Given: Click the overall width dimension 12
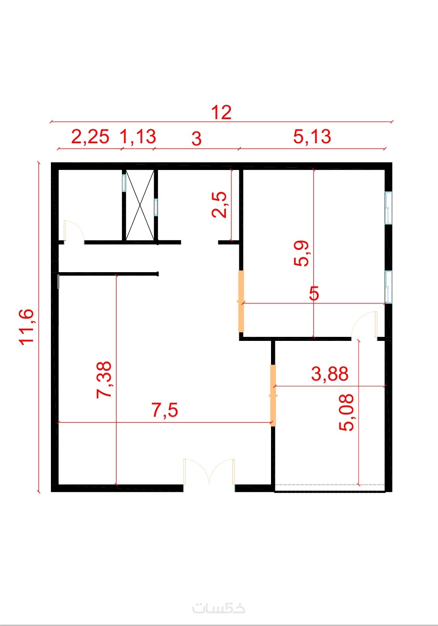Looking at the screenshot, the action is pyautogui.click(x=221, y=112).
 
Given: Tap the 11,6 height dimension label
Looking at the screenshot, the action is pyautogui.click(x=26, y=327).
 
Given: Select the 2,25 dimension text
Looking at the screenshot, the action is pyautogui.click(x=90, y=137).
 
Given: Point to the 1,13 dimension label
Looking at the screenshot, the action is pyautogui.click(x=138, y=137).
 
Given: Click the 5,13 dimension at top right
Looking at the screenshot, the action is pyautogui.click(x=312, y=137).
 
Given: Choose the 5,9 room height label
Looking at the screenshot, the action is pyautogui.click(x=301, y=253).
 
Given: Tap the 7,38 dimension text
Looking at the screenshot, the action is pyautogui.click(x=104, y=380).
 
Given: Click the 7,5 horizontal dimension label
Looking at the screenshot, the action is pyautogui.click(x=165, y=410).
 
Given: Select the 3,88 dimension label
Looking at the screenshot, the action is pyautogui.click(x=330, y=373).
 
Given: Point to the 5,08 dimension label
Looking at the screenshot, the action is pyautogui.click(x=346, y=412).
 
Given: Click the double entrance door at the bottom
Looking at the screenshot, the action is pyautogui.click(x=209, y=472).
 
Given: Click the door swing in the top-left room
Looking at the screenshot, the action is pyautogui.click(x=74, y=230).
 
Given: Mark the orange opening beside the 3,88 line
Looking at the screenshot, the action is pyautogui.click(x=273, y=395).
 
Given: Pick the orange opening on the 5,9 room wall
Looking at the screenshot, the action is pyautogui.click(x=241, y=301).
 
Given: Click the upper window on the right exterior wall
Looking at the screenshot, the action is pyautogui.click(x=388, y=207).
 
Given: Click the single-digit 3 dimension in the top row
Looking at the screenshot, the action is pyautogui.click(x=196, y=139).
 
